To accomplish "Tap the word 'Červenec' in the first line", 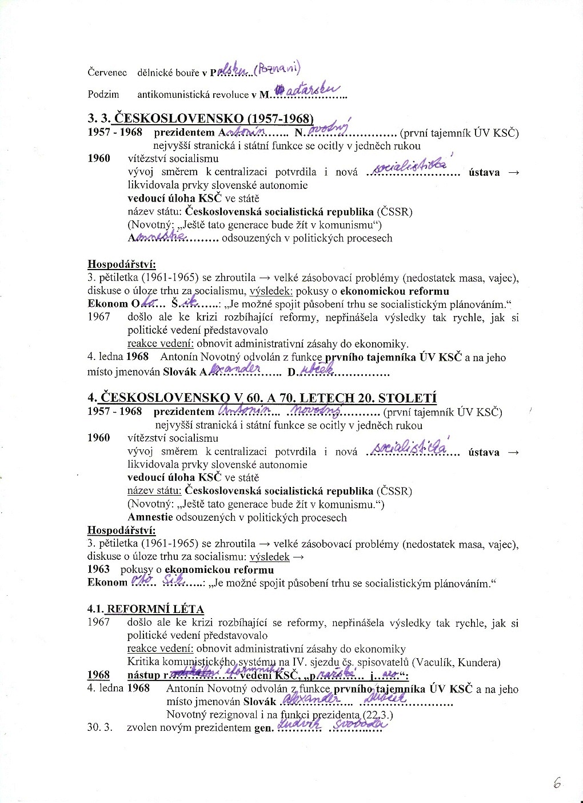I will point(107,73).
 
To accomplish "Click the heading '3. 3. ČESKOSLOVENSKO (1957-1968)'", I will point(201,119).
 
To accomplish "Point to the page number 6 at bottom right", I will point(557,784).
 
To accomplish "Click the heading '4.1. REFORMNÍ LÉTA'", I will point(146,609).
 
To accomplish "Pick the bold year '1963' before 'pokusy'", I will point(99,569).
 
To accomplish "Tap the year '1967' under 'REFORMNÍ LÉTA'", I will point(99,622).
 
